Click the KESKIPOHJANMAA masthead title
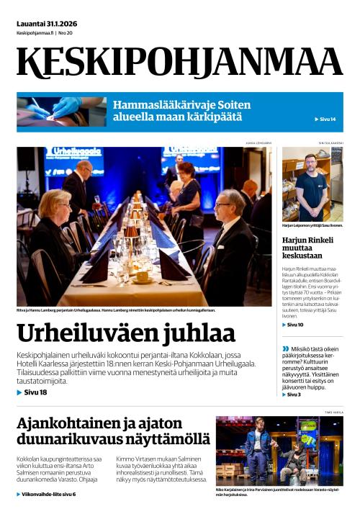179,62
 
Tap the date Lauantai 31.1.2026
47,23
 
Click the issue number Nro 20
66,33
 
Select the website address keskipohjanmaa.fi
35,33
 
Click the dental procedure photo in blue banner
62,111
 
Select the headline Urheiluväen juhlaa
126,333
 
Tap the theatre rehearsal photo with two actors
279,451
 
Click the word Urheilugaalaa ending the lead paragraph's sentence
230,364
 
